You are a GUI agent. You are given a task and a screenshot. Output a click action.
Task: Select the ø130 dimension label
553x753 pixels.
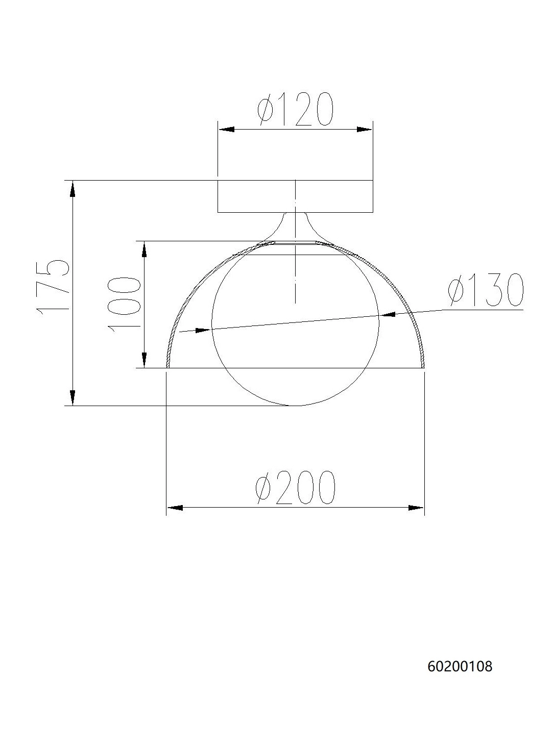pos(486,291)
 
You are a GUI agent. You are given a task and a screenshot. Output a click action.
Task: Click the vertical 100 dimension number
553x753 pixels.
pos(124,305)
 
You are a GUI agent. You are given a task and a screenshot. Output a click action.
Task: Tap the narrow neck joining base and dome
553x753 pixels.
pos(295,224)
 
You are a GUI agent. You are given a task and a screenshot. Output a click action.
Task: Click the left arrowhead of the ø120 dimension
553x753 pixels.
pos(226,130)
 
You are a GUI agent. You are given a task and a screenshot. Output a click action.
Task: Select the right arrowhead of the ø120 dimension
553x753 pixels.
pos(365,130)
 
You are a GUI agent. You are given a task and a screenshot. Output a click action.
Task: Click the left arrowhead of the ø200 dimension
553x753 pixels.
pos(175,508)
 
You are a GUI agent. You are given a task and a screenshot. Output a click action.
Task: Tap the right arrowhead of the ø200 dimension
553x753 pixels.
pos(416,508)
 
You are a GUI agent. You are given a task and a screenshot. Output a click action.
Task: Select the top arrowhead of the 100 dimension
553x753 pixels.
pos(145,249)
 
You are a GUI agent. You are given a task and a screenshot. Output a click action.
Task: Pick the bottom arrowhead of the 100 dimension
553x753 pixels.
pos(145,360)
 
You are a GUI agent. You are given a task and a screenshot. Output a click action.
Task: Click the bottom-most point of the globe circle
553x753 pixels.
pos(295,406)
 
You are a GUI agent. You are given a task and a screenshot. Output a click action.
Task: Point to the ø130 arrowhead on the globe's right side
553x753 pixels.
pos(387,315)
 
